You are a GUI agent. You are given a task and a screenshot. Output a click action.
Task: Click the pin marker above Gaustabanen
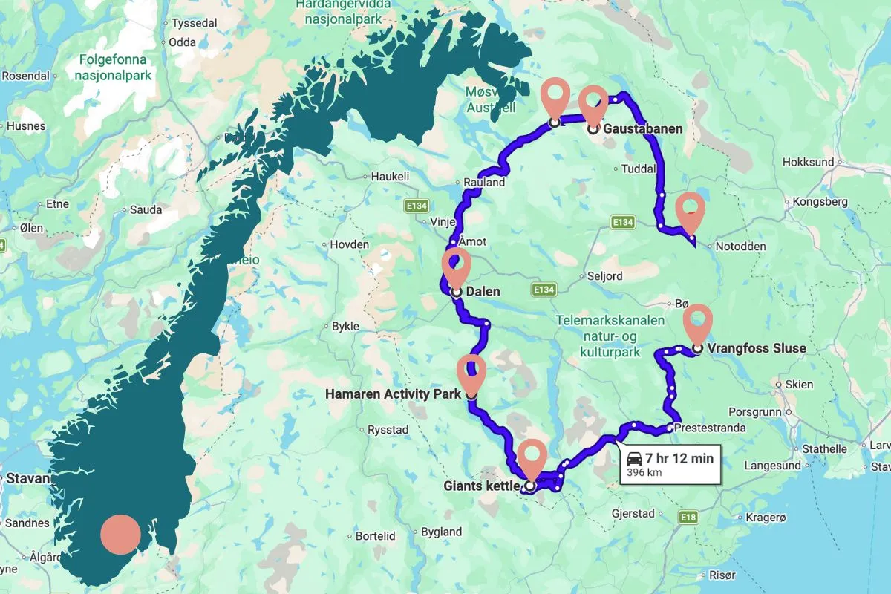[x=593, y=103]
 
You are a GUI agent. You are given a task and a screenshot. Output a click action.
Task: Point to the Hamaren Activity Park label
[x=394, y=394]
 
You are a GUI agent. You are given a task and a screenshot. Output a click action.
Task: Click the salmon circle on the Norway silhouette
[x=120, y=534]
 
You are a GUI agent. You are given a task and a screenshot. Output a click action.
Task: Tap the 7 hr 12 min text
[x=679, y=459]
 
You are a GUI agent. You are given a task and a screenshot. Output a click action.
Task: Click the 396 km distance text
[x=644, y=472]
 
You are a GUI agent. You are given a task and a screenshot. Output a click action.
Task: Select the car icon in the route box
[x=634, y=458]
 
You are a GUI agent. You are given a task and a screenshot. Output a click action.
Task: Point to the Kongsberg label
[x=820, y=201]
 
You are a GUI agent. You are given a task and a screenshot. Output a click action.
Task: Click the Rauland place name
[x=484, y=182]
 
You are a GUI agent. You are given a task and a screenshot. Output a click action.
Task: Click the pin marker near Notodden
[x=691, y=210]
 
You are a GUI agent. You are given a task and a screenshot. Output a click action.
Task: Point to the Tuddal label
[x=639, y=169]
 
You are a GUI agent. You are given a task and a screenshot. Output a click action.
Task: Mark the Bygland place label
[x=441, y=532]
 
